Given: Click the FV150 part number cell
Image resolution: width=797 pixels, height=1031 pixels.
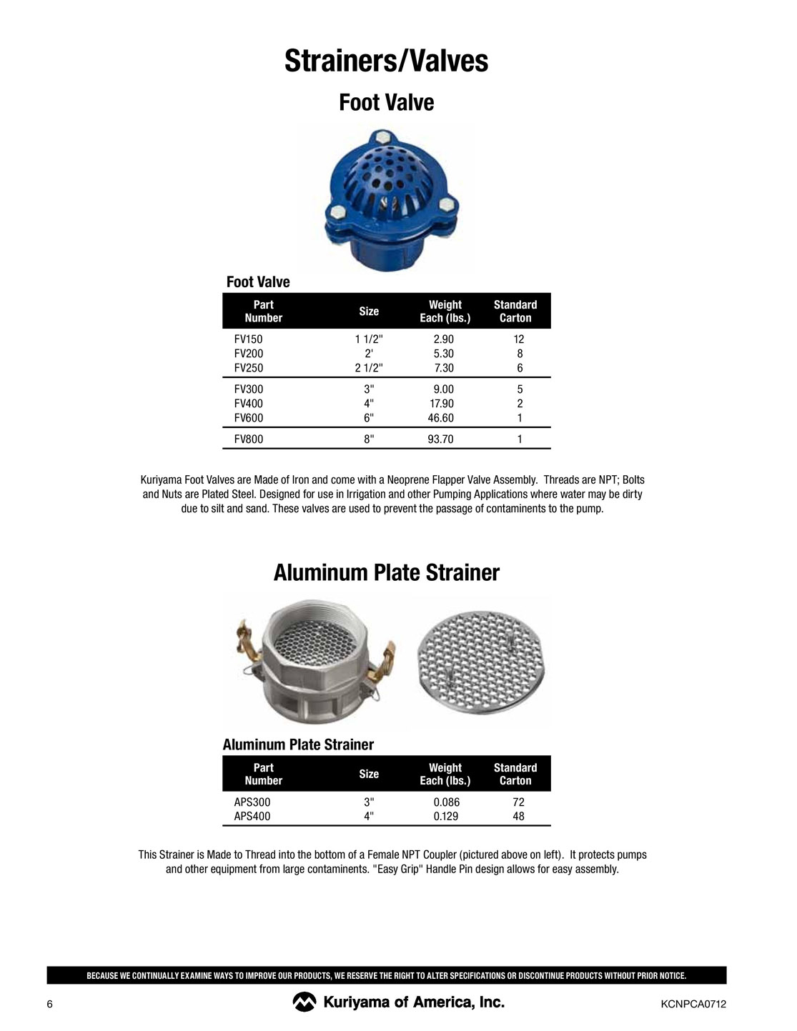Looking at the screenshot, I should point(249,339).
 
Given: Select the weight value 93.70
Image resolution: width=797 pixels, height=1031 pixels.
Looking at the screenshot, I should point(440,439).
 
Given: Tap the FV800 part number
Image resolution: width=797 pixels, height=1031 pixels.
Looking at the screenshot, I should point(249,439).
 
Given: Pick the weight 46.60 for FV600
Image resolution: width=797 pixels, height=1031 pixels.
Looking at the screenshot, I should point(440,418).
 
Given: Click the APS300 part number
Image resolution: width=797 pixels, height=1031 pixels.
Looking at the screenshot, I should point(252,802).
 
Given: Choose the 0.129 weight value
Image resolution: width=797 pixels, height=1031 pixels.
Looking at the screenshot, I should point(445,816).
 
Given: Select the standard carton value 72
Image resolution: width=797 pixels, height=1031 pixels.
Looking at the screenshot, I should point(519,802).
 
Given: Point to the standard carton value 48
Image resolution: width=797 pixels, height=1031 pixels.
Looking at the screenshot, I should point(519,816).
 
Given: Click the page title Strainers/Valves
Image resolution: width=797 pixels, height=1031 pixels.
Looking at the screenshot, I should point(386,61).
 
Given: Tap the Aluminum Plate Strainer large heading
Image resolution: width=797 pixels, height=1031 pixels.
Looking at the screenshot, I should point(386,573).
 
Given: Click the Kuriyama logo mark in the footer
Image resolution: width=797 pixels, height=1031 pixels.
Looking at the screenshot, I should point(304,1002).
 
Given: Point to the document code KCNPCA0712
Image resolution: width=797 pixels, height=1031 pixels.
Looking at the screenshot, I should point(693,1005).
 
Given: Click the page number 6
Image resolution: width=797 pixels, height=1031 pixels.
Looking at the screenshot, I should point(50,1005).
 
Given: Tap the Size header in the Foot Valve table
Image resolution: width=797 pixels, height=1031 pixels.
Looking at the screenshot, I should point(369,311).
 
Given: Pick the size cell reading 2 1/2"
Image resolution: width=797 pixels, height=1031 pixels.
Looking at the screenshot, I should point(369,368).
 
